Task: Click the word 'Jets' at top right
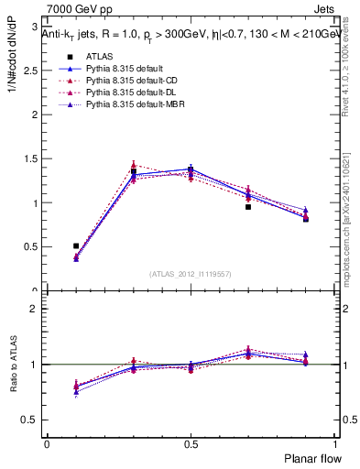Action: pyautogui.click(x=323, y=9)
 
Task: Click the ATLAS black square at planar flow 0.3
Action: pyautogui.click(x=133, y=171)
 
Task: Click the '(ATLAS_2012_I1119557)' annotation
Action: pyautogui.click(x=191, y=274)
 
